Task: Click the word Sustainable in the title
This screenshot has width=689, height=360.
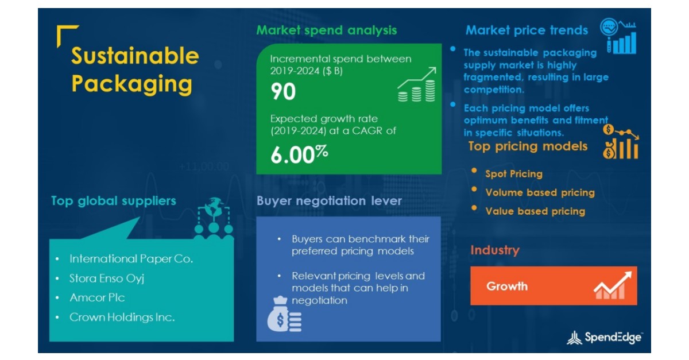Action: (x=135, y=57)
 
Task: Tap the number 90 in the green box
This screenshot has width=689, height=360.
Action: (x=283, y=91)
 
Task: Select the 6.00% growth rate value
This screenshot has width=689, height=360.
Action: (x=299, y=154)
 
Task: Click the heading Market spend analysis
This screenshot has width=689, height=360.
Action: (x=326, y=30)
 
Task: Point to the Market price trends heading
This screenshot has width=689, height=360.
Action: (x=527, y=30)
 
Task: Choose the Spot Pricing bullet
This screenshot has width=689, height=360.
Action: (x=513, y=174)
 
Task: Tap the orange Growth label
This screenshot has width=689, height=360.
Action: (x=507, y=286)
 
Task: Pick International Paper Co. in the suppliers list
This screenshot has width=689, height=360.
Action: (x=131, y=259)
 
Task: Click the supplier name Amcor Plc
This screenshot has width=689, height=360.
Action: (x=97, y=297)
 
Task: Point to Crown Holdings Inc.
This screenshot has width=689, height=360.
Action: (x=122, y=317)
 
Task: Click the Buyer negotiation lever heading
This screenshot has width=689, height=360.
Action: (x=329, y=201)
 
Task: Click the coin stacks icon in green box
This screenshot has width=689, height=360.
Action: (x=416, y=88)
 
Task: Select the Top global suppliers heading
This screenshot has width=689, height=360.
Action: (x=114, y=201)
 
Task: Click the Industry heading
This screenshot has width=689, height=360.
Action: (x=494, y=250)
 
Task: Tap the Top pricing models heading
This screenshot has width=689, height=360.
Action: (x=528, y=146)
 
